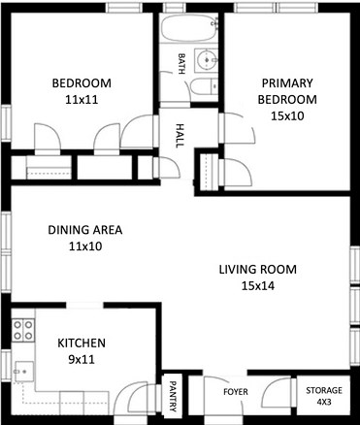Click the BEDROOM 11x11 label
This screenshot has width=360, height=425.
tap(82, 90)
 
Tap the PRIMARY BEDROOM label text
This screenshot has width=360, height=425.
tap(286, 90)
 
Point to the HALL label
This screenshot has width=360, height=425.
tap(180, 133)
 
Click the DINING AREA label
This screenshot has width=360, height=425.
tap(85, 231)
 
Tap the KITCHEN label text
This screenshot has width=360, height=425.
tap(81, 343)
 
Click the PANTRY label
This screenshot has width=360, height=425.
tap(173, 396)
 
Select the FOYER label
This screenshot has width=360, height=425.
tap(237, 392)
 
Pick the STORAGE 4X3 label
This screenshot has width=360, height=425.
tap(324, 395)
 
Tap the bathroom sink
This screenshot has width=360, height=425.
tap(206, 62)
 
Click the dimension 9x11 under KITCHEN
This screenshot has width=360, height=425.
tap(81, 360)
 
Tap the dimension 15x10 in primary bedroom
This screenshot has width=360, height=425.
tap(286, 115)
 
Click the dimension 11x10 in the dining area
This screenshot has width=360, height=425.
tap(85, 247)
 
